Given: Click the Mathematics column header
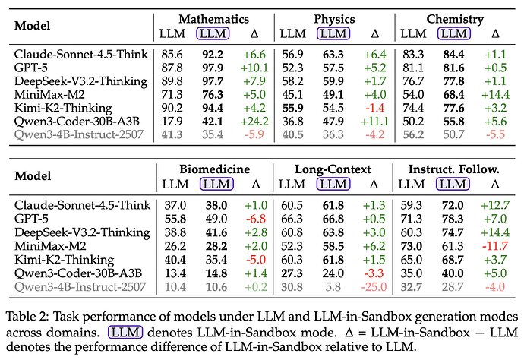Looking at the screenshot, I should pos(213,19).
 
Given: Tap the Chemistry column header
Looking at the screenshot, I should pos(455,19).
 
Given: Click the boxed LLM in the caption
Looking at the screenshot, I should pos(125,332).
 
